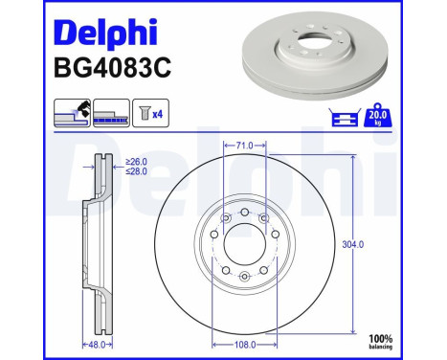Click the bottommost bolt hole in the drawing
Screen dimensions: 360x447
(x=245, y=278)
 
